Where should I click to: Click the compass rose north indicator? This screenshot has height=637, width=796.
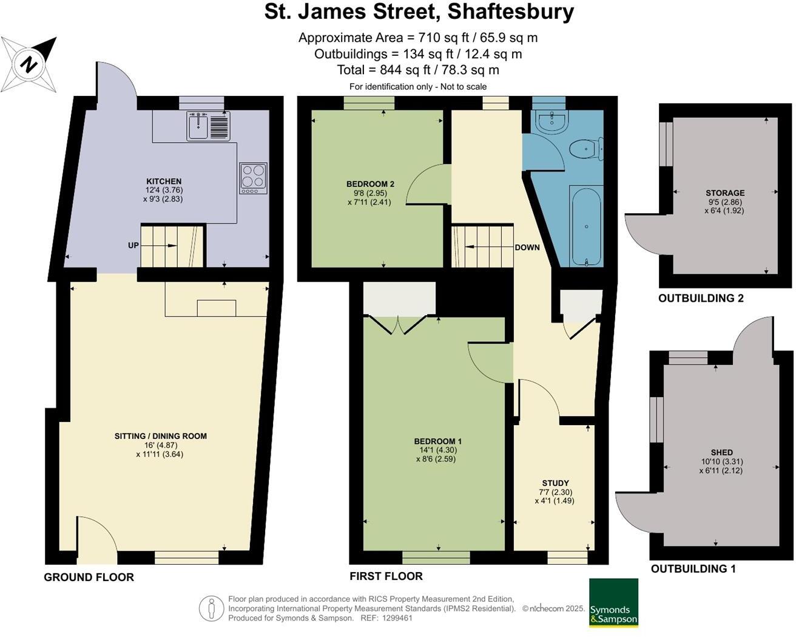29,63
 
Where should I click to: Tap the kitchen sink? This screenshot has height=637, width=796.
198,127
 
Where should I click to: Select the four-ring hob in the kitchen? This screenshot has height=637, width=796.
253,177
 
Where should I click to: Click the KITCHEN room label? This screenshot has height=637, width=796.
164,182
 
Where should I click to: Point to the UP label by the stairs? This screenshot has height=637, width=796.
133,246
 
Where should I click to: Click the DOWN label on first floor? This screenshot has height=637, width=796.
527,248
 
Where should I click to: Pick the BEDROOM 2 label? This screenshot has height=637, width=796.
370,184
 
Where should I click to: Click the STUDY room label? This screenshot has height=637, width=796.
555,483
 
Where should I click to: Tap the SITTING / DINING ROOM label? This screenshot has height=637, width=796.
161,436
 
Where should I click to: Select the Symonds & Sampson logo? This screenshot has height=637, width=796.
613,602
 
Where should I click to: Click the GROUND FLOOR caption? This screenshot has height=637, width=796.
89,577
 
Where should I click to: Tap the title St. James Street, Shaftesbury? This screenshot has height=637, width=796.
419,12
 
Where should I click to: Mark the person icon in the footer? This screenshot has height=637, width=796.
211,608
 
